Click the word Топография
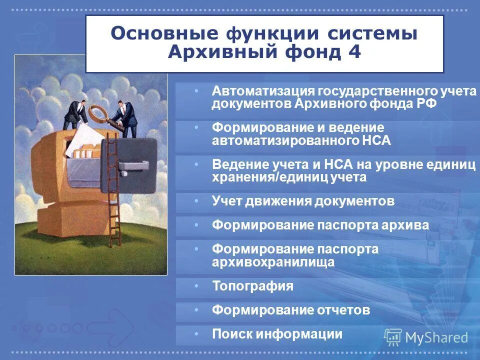pyautogui.click(x=252, y=286)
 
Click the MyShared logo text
pyautogui.click(x=436, y=337)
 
